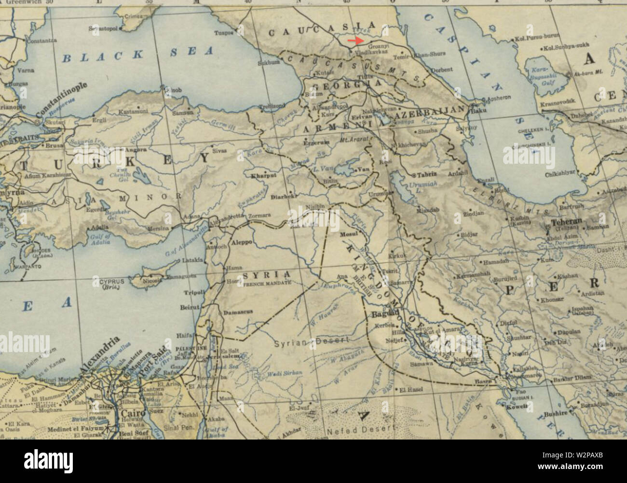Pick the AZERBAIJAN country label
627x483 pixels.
point(429,116)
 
